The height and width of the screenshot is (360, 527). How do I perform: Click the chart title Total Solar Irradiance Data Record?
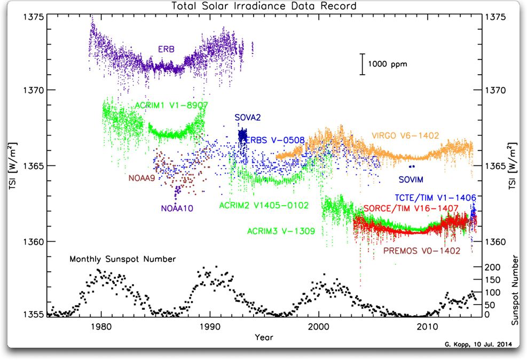coord(263,6)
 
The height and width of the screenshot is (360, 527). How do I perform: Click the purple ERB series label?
coord(166,49)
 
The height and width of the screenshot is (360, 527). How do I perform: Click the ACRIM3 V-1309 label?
coord(281,231)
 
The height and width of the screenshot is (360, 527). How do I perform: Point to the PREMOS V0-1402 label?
coord(422,250)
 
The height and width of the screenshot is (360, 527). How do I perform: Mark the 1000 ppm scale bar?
coord(363,64)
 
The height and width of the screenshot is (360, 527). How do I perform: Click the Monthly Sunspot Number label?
coord(122,259)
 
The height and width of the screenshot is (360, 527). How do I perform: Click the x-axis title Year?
coord(263,338)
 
